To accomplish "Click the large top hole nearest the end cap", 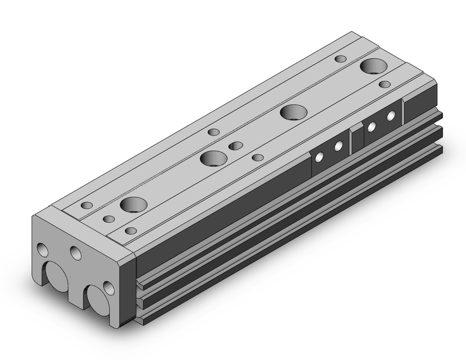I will (x=133, y=204).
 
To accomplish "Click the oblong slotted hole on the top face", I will (x=236, y=146).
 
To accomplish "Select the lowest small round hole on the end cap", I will (x=108, y=287).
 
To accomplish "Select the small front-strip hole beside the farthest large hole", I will (x=384, y=84).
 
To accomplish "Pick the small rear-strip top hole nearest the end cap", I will (x=87, y=205).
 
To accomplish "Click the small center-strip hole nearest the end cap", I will (x=109, y=219).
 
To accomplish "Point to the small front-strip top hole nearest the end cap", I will (x=131, y=230).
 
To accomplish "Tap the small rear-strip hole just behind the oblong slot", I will (x=214, y=132).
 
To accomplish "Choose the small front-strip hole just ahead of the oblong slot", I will (x=257, y=157).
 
